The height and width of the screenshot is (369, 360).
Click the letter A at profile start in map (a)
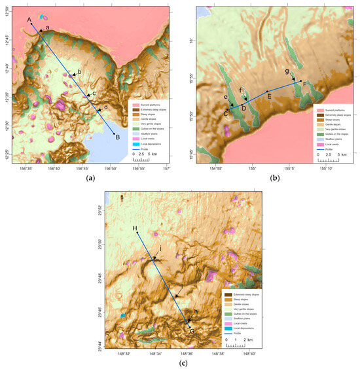[x=29, y=20]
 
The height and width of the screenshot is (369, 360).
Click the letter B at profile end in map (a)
[x=117, y=137]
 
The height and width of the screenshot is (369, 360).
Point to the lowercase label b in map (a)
[x=79, y=71]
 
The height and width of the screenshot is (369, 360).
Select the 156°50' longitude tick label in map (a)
[x=111, y=168]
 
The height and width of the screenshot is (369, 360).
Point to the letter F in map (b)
[x=305, y=84]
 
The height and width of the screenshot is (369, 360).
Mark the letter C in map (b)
[x=226, y=113]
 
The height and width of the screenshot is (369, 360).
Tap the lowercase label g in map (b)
[x=287, y=71]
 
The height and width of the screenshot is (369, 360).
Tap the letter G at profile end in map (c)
[x=192, y=331]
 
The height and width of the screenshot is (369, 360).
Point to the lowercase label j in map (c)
[x=160, y=248]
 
